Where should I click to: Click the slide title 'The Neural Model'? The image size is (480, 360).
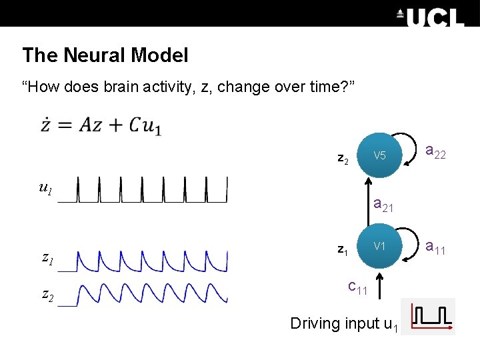pos(105,55)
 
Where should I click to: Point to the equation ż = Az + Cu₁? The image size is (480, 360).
pos(101,125)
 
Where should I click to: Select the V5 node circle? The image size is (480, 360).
pos(379,156)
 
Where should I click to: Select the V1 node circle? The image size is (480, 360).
pos(379,246)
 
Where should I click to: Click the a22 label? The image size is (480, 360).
pos(435,153)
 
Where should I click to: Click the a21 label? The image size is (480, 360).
pos(383,205)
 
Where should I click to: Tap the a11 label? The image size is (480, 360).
pos(435,248)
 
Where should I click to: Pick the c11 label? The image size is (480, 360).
pos(358,287)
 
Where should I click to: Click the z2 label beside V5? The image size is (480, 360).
pos(343,159)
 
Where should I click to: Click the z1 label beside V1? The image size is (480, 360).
pos(343,250)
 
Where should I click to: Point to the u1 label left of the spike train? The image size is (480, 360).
pos(45,189)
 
